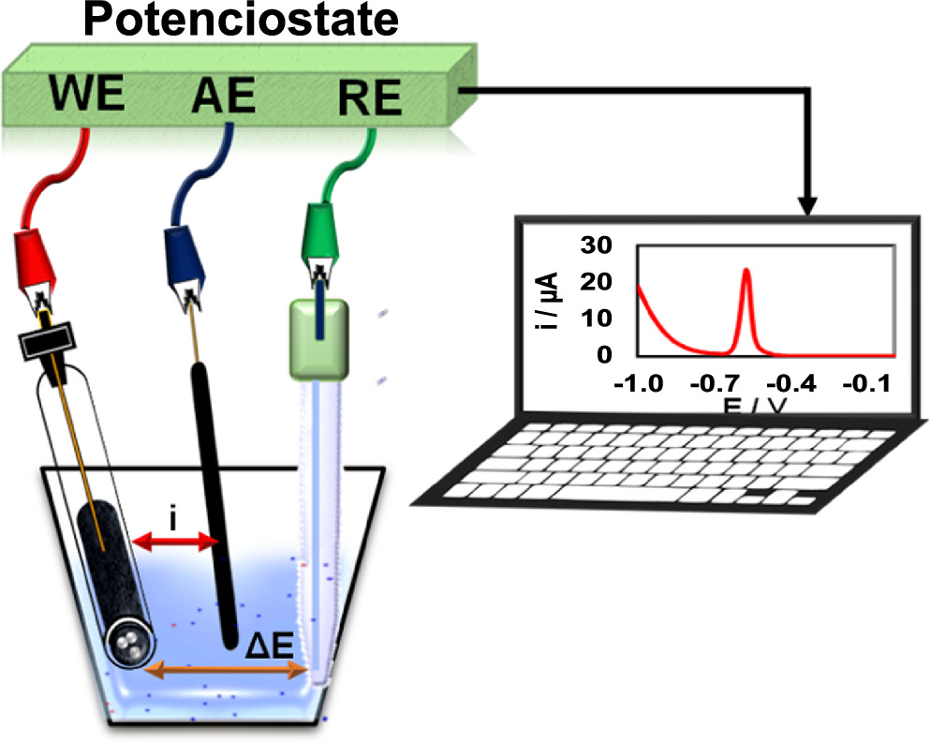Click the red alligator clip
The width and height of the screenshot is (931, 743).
click(x=38, y=263)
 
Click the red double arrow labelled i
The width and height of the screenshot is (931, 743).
click(x=174, y=540)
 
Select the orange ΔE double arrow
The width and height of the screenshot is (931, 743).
click(x=230, y=669)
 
